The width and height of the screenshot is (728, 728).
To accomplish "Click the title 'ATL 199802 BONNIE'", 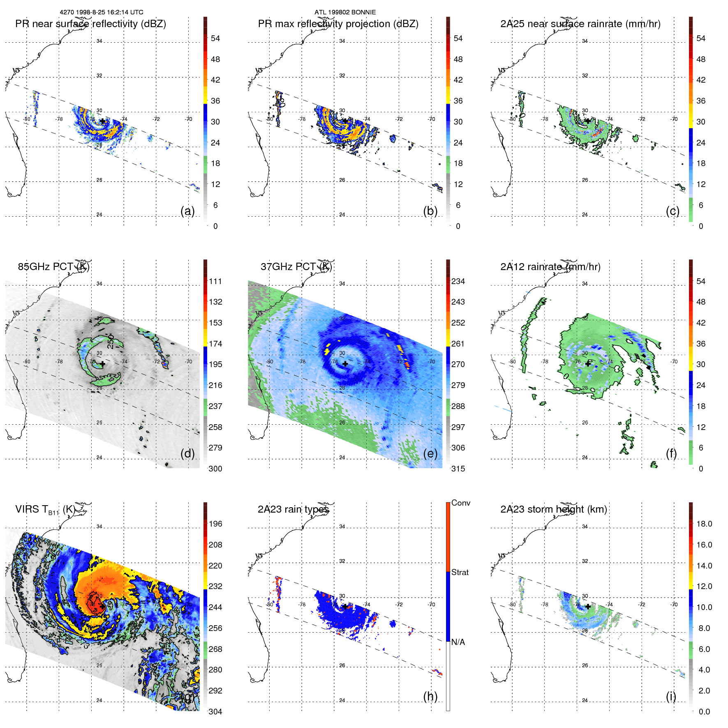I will pos(345,12).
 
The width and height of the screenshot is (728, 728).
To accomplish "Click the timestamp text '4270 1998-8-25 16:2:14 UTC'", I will pos(102,12).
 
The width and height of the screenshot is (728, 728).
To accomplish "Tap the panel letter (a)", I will pos(187,211).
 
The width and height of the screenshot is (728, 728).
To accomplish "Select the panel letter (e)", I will pos(430,453).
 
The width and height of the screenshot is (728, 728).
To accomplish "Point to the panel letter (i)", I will pos(671,696).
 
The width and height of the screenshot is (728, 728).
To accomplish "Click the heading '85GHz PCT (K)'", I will pos(53,267).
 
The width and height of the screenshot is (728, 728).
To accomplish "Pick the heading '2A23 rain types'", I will pos(293,509).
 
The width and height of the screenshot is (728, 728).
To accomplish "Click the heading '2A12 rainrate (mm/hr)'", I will pos(550,267).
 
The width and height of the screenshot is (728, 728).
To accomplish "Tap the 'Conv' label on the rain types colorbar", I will pos(461,503).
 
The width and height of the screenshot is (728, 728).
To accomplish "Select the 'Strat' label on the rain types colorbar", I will pos(460,572).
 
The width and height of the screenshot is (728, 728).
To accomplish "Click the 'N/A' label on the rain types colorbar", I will pos(458,642).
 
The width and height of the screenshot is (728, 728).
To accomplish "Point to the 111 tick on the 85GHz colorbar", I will pos(215,281).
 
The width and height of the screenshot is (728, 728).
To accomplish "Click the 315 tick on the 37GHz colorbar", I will pos(458,469).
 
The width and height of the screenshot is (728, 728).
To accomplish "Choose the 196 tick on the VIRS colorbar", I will pos(215,524).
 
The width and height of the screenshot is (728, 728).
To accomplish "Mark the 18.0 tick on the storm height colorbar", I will pos(704,524).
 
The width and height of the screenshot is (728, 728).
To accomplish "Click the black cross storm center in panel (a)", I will pos(102,121).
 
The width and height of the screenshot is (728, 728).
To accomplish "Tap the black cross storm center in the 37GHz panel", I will pos(345,364).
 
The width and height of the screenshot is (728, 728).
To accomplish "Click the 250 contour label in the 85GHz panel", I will pos(111,342).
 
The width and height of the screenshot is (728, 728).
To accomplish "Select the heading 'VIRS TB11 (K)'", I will pos(45,510).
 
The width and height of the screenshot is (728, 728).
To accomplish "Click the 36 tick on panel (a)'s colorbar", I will pos(215,101).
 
